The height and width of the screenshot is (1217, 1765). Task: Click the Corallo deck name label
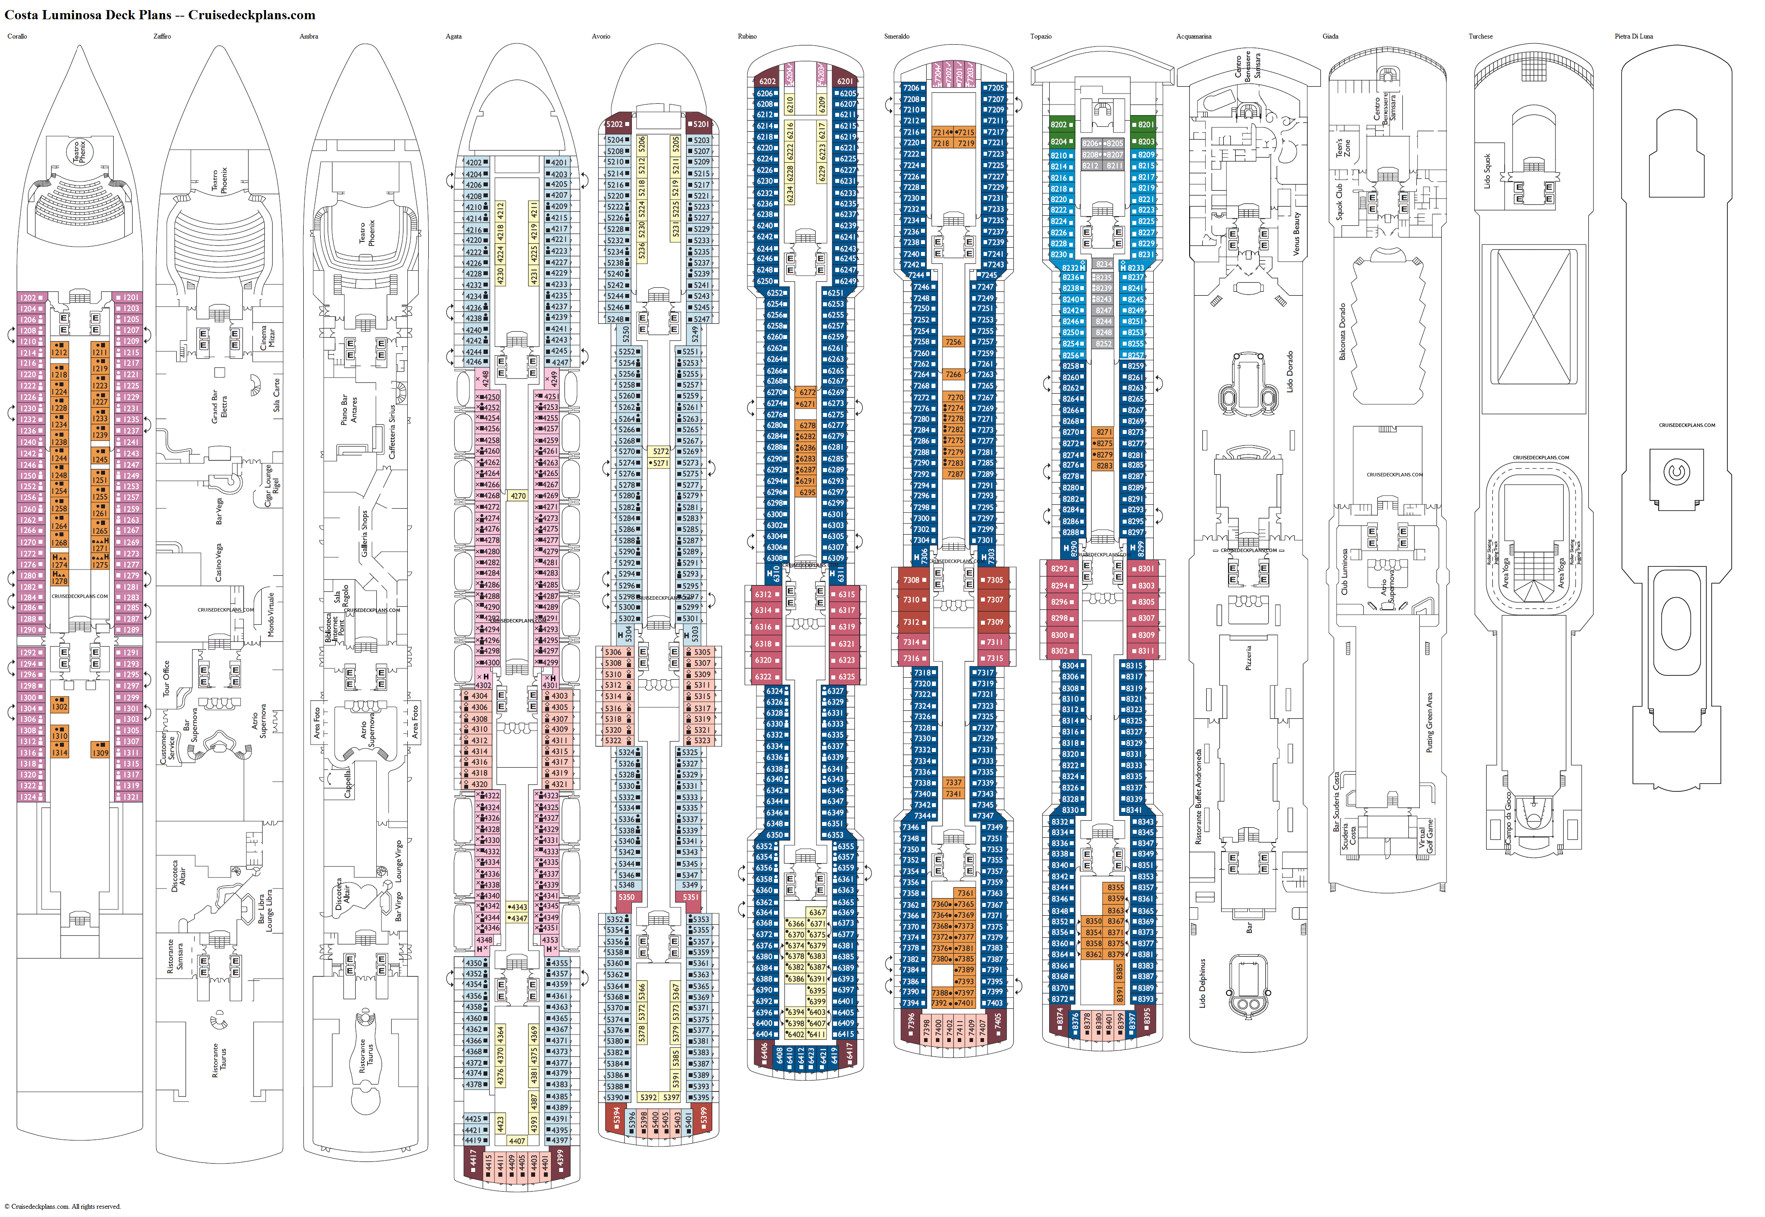17,37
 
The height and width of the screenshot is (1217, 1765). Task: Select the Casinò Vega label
218,563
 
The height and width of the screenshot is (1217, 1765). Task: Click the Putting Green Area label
1429,722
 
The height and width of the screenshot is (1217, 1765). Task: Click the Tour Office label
166,678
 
